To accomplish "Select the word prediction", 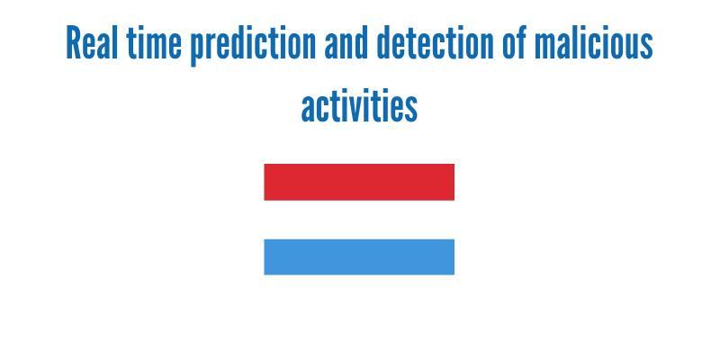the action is coord(253,46).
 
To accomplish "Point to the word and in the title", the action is coord(346,42).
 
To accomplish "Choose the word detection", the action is coord(435,42).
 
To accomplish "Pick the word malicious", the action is coord(594,42).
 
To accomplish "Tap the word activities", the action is coord(359,105).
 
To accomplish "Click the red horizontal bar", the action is coord(359,182).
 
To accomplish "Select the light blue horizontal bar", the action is coord(359,256).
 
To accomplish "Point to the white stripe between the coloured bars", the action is coord(359,220).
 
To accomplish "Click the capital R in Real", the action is coord(74,42).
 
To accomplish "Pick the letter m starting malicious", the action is coord(545,47).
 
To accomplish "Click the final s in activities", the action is coord(411,109).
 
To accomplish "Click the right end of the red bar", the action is coord(454,182).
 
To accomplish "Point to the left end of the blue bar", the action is coord(265,256).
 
